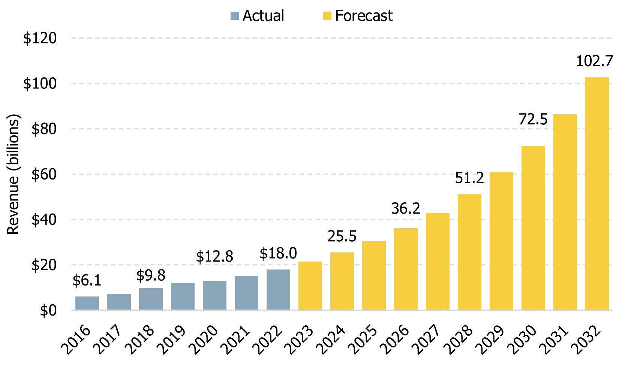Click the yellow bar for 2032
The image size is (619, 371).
click(x=597, y=193)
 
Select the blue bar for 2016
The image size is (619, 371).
click(x=87, y=303)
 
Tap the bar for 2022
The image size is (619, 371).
click(x=278, y=289)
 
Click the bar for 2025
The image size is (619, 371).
click(x=374, y=275)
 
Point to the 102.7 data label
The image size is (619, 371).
click(x=594, y=61)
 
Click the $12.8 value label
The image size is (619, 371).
click(x=214, y=257)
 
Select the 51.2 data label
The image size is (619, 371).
click(x=469, y=178)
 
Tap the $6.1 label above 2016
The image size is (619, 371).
click(x=87, y=281)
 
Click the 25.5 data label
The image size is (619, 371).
click(x=342, y=236)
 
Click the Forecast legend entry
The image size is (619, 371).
click(x=363, y=16)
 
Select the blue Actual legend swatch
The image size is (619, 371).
click(x=235, y=16)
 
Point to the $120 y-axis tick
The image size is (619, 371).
click(x=40, y=38)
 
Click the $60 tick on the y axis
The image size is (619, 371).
click(x=44, y=175)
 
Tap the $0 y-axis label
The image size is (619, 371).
click(x=48, y=311)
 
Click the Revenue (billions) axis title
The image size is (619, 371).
click(x=13, y=174)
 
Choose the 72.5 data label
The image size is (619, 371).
click(x=533, y=119)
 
